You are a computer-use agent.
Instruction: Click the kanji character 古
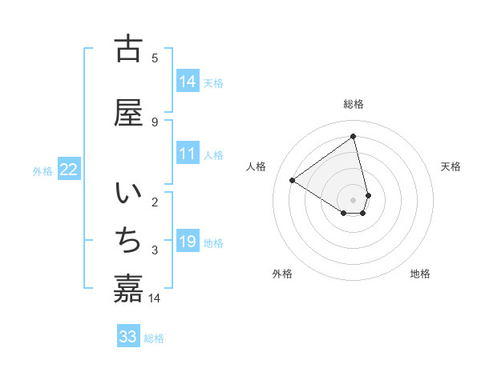128,49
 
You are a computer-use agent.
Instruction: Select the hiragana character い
128,194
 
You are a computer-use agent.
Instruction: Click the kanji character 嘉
128,287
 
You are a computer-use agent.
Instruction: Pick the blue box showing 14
188,82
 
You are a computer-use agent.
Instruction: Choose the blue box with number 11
188,154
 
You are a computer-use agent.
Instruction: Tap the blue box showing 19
188,242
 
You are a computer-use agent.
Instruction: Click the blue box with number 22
69,170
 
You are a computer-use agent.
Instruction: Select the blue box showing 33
128,337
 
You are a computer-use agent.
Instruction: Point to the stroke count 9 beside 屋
155,122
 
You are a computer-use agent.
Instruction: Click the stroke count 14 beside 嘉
156,298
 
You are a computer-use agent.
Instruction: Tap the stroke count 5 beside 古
155,58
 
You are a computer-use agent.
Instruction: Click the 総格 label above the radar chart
354,104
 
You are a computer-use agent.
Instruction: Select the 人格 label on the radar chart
257,166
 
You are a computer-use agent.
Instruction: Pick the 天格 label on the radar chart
451,166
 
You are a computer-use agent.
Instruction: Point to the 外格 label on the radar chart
282,274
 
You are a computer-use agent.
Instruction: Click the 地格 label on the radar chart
420,274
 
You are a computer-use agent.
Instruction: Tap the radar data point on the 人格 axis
293,180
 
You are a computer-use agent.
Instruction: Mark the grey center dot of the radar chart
354,199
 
